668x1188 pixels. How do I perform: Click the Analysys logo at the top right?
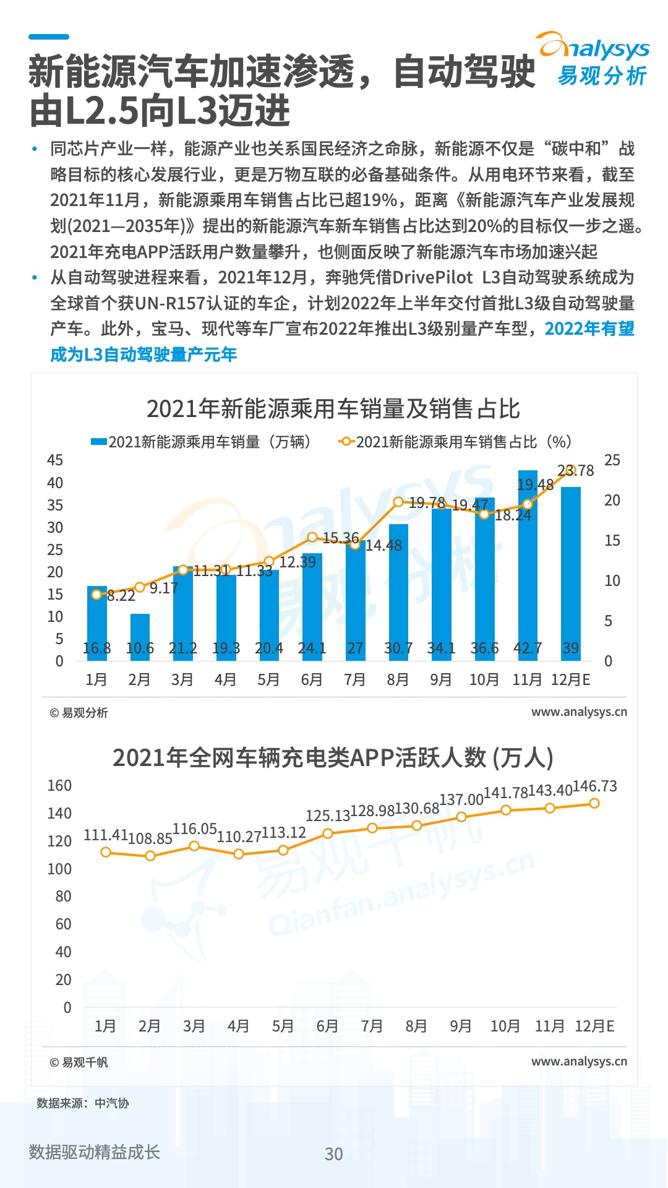(x=594, y=59)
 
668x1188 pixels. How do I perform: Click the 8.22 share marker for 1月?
(x=96, y=595)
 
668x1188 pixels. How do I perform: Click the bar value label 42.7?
(x=528, y=648)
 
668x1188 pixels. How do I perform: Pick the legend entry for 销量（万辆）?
(x=201, y=442)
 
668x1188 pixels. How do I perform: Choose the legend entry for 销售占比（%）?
(x=455, y=442)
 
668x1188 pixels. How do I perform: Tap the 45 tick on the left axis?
(x=55, y=460)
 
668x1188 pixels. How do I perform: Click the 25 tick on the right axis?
(x=612, y=460)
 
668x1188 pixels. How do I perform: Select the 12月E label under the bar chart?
(x=570, y=680)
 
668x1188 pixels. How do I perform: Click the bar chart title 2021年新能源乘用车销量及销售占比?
(x=333, y=409)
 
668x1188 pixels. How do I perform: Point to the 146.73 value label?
(x=595, y=786)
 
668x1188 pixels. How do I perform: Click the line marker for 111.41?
(x=106, y=852)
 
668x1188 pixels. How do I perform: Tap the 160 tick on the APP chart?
(x=60, y=786)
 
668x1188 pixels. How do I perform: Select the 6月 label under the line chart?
(x=327, y=1027)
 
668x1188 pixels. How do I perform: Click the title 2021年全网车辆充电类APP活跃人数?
(x=333, y=758)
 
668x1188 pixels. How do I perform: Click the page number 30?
(x=334, y=1154)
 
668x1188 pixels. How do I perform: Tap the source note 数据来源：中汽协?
(x=83, y=1103)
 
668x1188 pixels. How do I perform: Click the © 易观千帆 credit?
(x=79, y=1062)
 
